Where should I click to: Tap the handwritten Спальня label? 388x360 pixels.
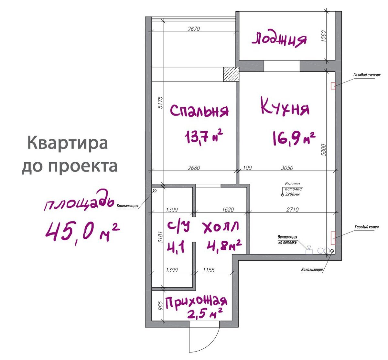[x=199, y=111]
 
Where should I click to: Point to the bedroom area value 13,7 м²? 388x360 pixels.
[x=204, y=137]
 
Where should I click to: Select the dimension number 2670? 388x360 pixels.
[x=194, y=29]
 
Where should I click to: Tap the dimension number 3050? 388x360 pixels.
[x=287, y=168]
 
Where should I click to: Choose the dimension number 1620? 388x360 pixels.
[x=228, y=210]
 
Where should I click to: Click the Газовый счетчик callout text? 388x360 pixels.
[x=367, y=75]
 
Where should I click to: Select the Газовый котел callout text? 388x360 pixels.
[x=366, y=227]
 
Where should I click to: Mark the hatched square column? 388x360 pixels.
[x=231, y=74]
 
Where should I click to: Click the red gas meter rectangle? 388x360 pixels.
[x=333, y=86]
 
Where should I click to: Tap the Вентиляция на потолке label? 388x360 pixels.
[x=287, y=239]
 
